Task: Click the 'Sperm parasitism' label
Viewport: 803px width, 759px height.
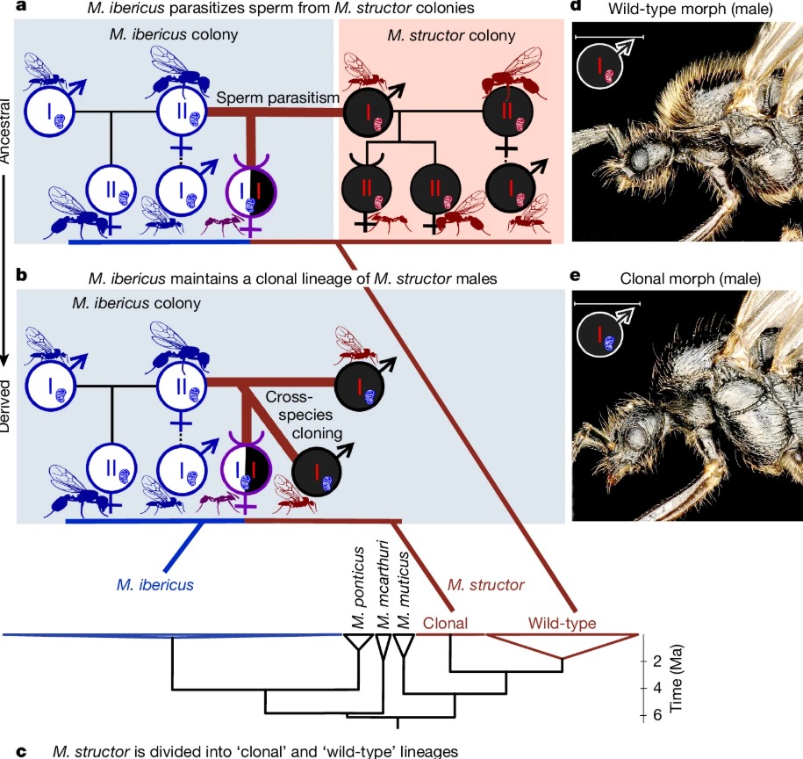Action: tap(277, 98)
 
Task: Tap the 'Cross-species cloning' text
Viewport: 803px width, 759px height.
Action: tap(304, 415)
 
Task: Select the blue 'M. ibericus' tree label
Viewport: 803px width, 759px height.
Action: tap(155, 585)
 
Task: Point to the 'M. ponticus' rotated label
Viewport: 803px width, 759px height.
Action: tap(358, 588)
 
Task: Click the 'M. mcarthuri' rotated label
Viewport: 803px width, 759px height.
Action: tap(383, 584)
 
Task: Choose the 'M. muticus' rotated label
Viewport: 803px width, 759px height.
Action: tap(404, 589)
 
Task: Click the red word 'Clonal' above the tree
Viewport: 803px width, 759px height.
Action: tap(445, 623)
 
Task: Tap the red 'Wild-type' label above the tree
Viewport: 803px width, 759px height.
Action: tap(562, 623)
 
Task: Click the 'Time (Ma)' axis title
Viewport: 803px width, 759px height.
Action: tap(676, 678)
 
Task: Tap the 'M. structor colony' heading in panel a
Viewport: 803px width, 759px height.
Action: tap(451, 35)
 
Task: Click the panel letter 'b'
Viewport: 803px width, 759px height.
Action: tap(21, 275)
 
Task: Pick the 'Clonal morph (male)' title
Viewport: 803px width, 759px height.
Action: tap(691, 278)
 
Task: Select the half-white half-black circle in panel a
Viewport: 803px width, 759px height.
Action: tap(251, 192)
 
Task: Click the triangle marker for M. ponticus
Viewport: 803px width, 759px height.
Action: tap(358, 642)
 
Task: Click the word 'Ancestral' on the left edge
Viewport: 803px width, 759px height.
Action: tap(4, 132)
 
